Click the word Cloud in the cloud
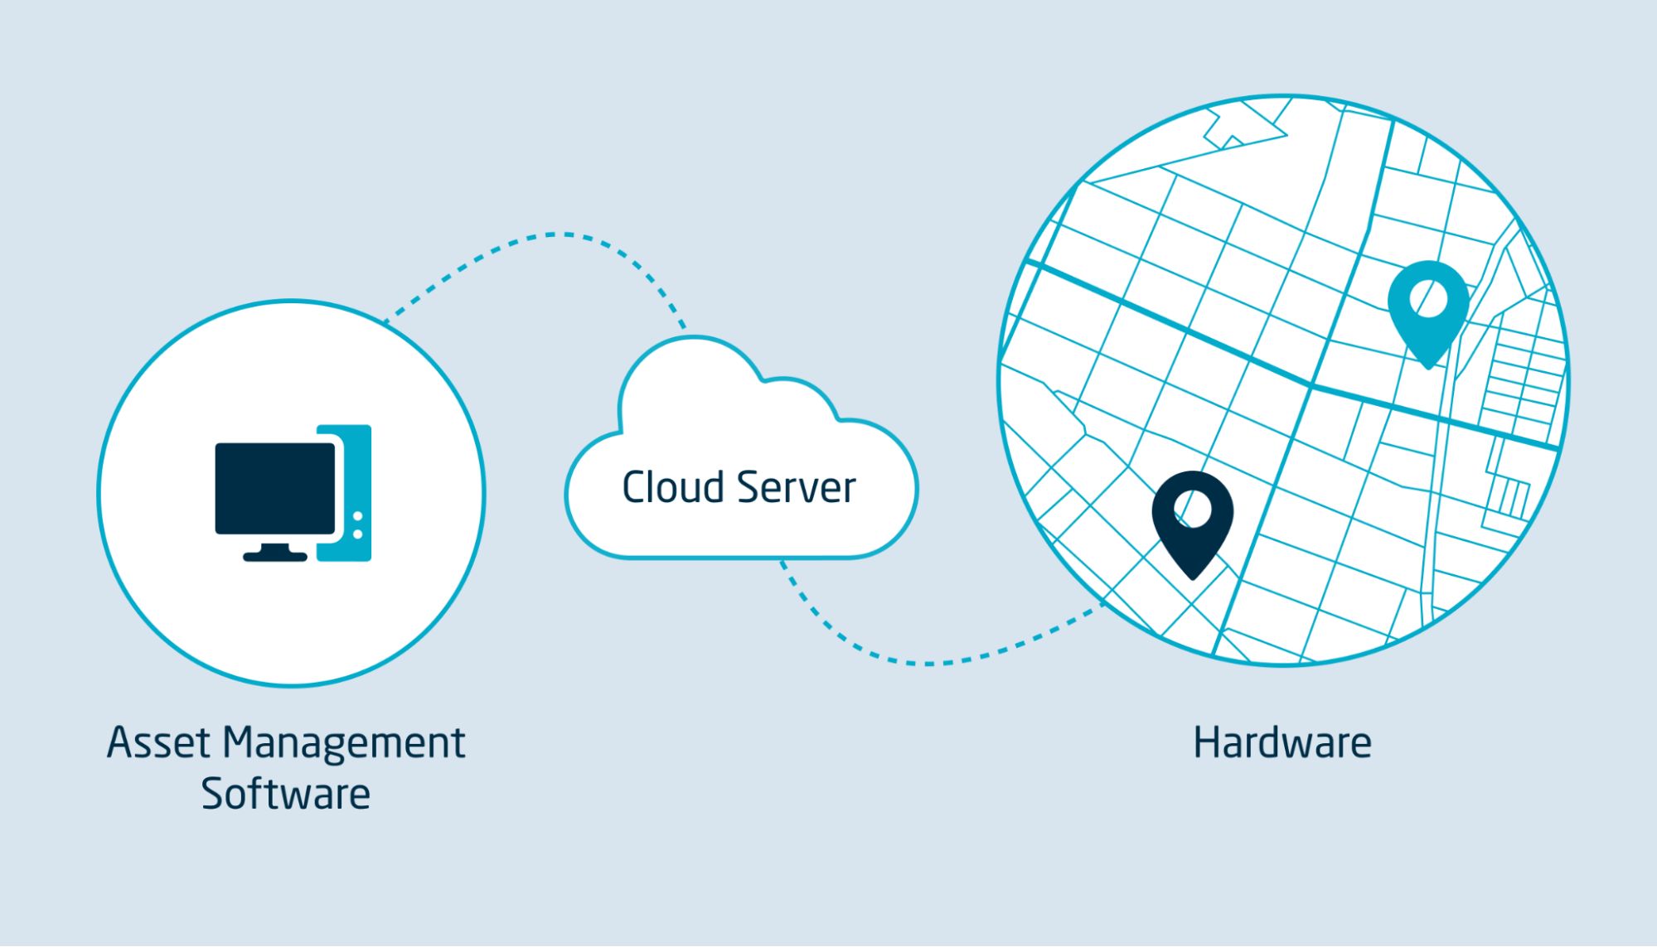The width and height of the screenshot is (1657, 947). (672, 487)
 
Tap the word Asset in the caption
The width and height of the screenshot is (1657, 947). (157, 742)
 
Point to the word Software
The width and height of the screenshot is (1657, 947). (285, 794)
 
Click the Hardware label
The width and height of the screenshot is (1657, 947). (1282, 742)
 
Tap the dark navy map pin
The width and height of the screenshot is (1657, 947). (1192, 518)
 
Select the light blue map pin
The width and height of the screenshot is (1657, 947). (1427, 307)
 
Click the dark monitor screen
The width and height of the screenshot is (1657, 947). (275, 488)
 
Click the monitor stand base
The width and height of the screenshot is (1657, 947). (274, 556)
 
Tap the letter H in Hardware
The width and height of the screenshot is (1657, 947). (1204, 742)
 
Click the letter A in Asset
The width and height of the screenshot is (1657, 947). (120, 742)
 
